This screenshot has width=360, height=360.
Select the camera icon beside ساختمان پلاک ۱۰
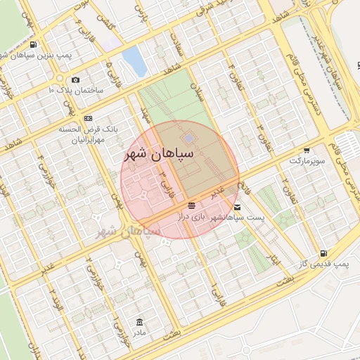pyautogui.click(x=75, y=79)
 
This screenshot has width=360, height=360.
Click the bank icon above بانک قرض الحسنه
pyautogui.click(x=88, y=118)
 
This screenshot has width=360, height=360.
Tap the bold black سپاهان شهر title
pyautogui.click(x=162, y=153)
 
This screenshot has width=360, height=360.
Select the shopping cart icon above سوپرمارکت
pyautogui.click(x=307, y=150)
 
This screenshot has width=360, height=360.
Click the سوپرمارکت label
pyautogui.click(x=307, y=161)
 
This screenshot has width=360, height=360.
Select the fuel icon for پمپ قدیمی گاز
pyautogui.click(x=323, y=252)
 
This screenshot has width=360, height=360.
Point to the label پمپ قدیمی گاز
pyautogui.click(x=329, y=263)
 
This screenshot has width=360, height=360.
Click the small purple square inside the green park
pyautogui.click(x=188, y=136)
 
